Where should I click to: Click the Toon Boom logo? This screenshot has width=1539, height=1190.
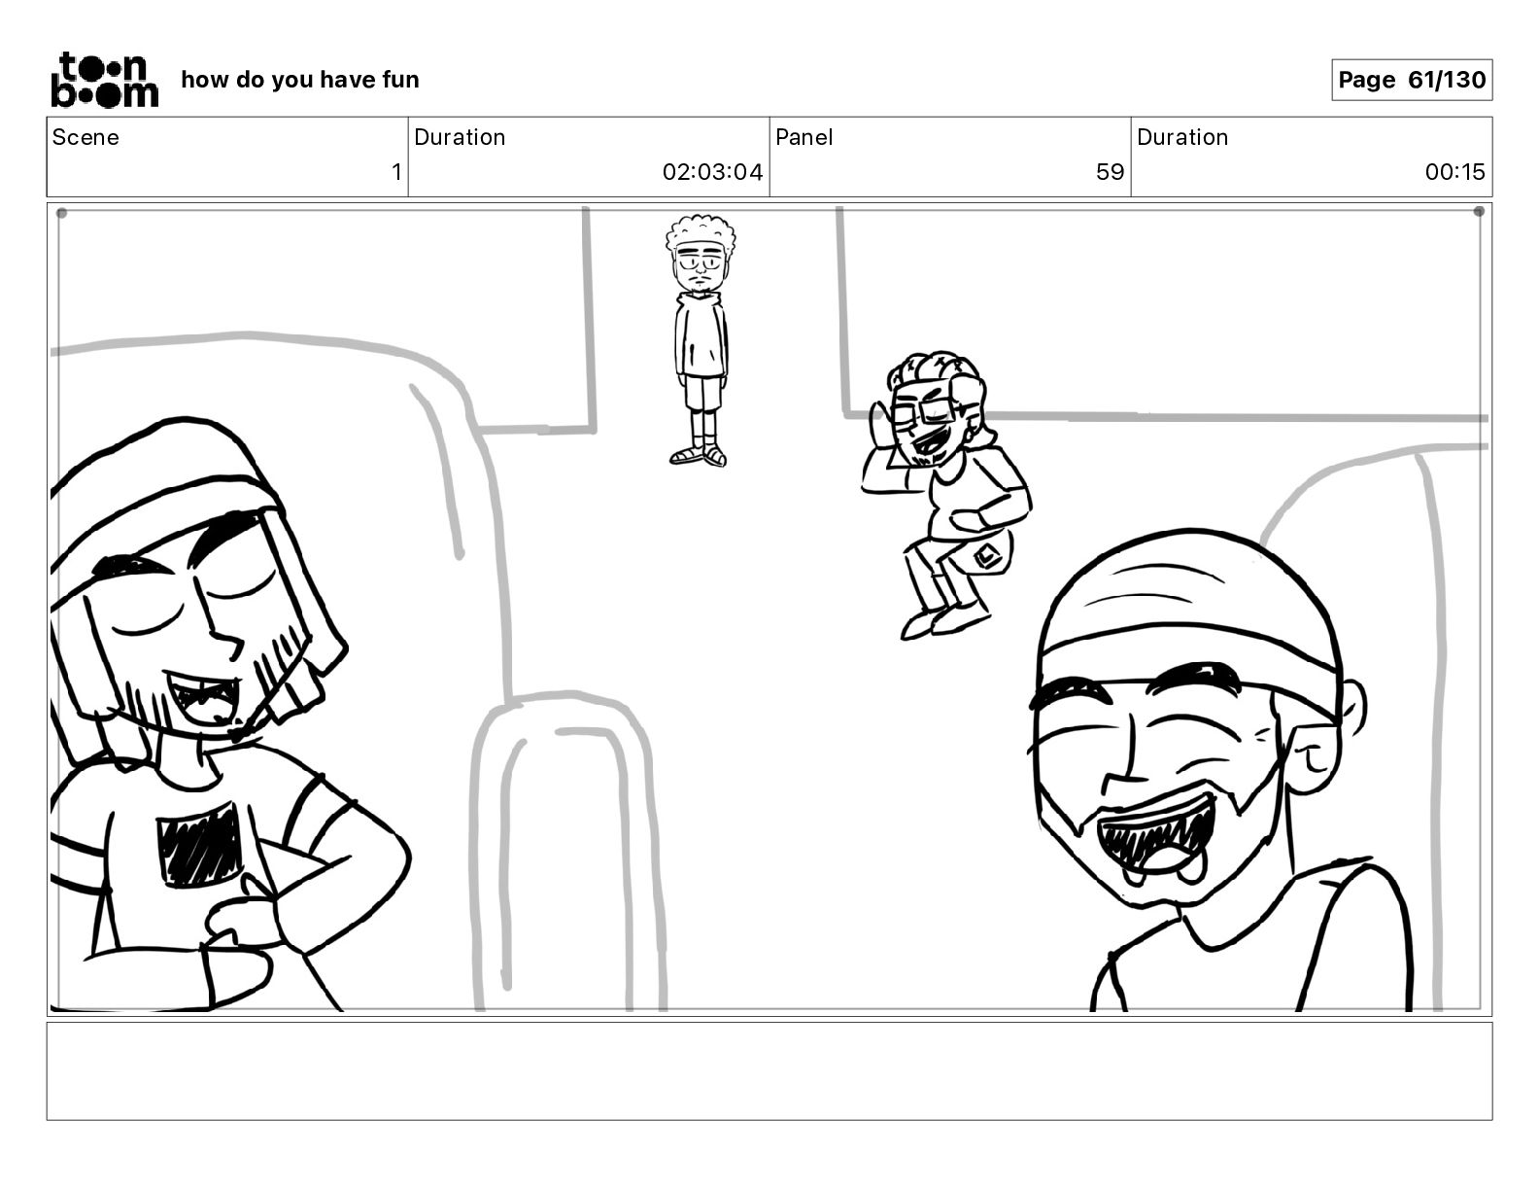105,80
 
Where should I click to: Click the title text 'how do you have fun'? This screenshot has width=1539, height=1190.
300,80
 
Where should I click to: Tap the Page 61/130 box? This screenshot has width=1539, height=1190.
1412,80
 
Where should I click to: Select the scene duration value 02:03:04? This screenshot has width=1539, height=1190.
712,171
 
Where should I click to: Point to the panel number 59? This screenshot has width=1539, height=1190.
1110,171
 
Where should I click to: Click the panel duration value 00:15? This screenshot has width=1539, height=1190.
1454,171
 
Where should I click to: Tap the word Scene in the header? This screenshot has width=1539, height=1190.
85,137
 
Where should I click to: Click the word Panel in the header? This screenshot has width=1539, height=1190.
804,137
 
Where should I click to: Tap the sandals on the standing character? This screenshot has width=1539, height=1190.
699,455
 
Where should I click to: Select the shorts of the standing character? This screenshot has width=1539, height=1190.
701,392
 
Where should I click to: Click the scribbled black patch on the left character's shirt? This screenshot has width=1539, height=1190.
199,845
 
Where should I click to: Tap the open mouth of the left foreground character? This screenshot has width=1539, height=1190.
202,698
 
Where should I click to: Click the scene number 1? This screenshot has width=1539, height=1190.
396,171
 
